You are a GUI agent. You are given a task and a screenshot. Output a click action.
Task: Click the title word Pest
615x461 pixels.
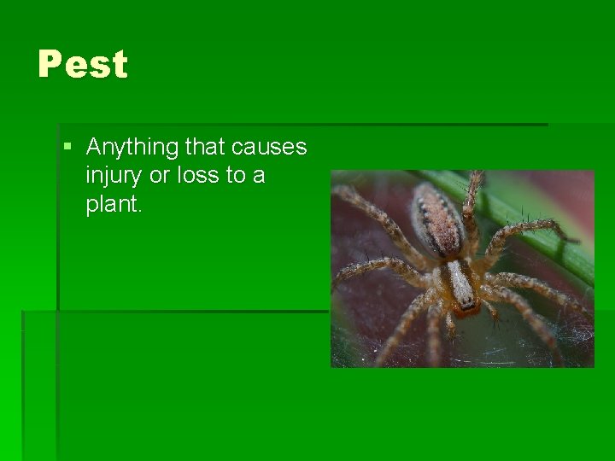point(83,65)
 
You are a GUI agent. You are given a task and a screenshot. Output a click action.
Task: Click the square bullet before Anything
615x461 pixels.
point(68,148)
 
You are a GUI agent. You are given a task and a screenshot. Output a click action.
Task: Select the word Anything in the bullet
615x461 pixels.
point(132,149)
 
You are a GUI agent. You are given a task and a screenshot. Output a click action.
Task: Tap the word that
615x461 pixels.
point(204,148)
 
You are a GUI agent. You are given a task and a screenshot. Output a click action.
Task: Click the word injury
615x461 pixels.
point(114,177)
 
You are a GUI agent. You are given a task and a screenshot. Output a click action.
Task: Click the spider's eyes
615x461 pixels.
point(466,303)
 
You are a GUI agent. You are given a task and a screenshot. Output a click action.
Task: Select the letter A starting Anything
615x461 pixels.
point(94,148)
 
